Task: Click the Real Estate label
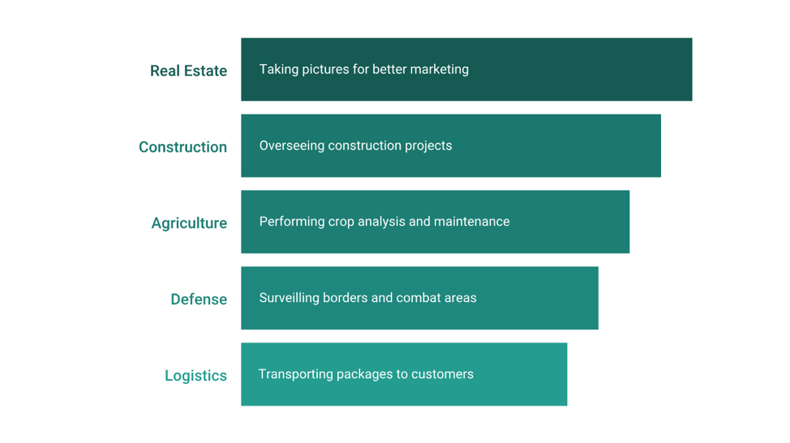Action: [188, 71]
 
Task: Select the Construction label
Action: [182, 147]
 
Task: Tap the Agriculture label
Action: [190, 224]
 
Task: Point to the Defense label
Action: [199, 299]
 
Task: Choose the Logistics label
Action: [196, 376]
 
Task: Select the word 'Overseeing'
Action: [292, 146]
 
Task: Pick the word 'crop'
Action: [341, 222]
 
